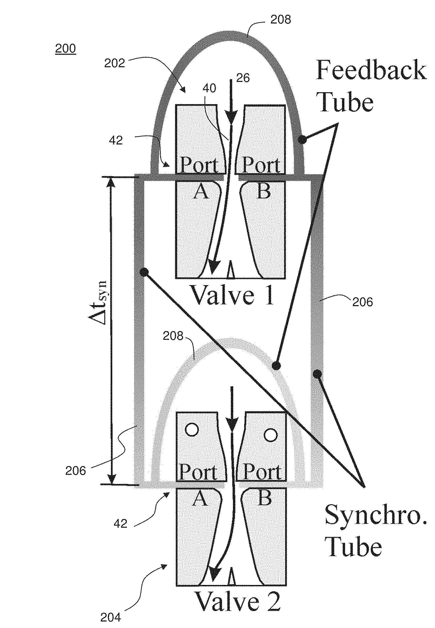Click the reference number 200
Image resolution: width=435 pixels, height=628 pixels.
point(65,48)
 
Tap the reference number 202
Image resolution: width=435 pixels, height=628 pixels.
point(114,63)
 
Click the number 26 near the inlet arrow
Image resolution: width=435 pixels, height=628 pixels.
point(242,78)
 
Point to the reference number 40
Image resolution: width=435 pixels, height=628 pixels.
point(209,88)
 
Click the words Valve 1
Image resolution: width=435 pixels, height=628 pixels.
point(232,295)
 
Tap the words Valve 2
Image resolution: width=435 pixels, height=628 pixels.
point(238,602)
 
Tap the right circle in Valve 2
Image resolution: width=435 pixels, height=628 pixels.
point(271,435)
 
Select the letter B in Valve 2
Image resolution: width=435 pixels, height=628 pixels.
point(265,498)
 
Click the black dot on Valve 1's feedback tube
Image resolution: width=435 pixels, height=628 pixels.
point(302,139)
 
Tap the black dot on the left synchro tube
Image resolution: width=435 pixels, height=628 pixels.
point(144,272)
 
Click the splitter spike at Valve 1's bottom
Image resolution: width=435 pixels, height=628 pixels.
point(231,270)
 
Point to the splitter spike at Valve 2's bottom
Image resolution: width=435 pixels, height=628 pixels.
point(231,577)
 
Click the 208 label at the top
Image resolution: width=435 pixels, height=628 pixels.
point(280,20)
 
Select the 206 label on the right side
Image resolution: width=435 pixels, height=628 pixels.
point(362,302)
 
